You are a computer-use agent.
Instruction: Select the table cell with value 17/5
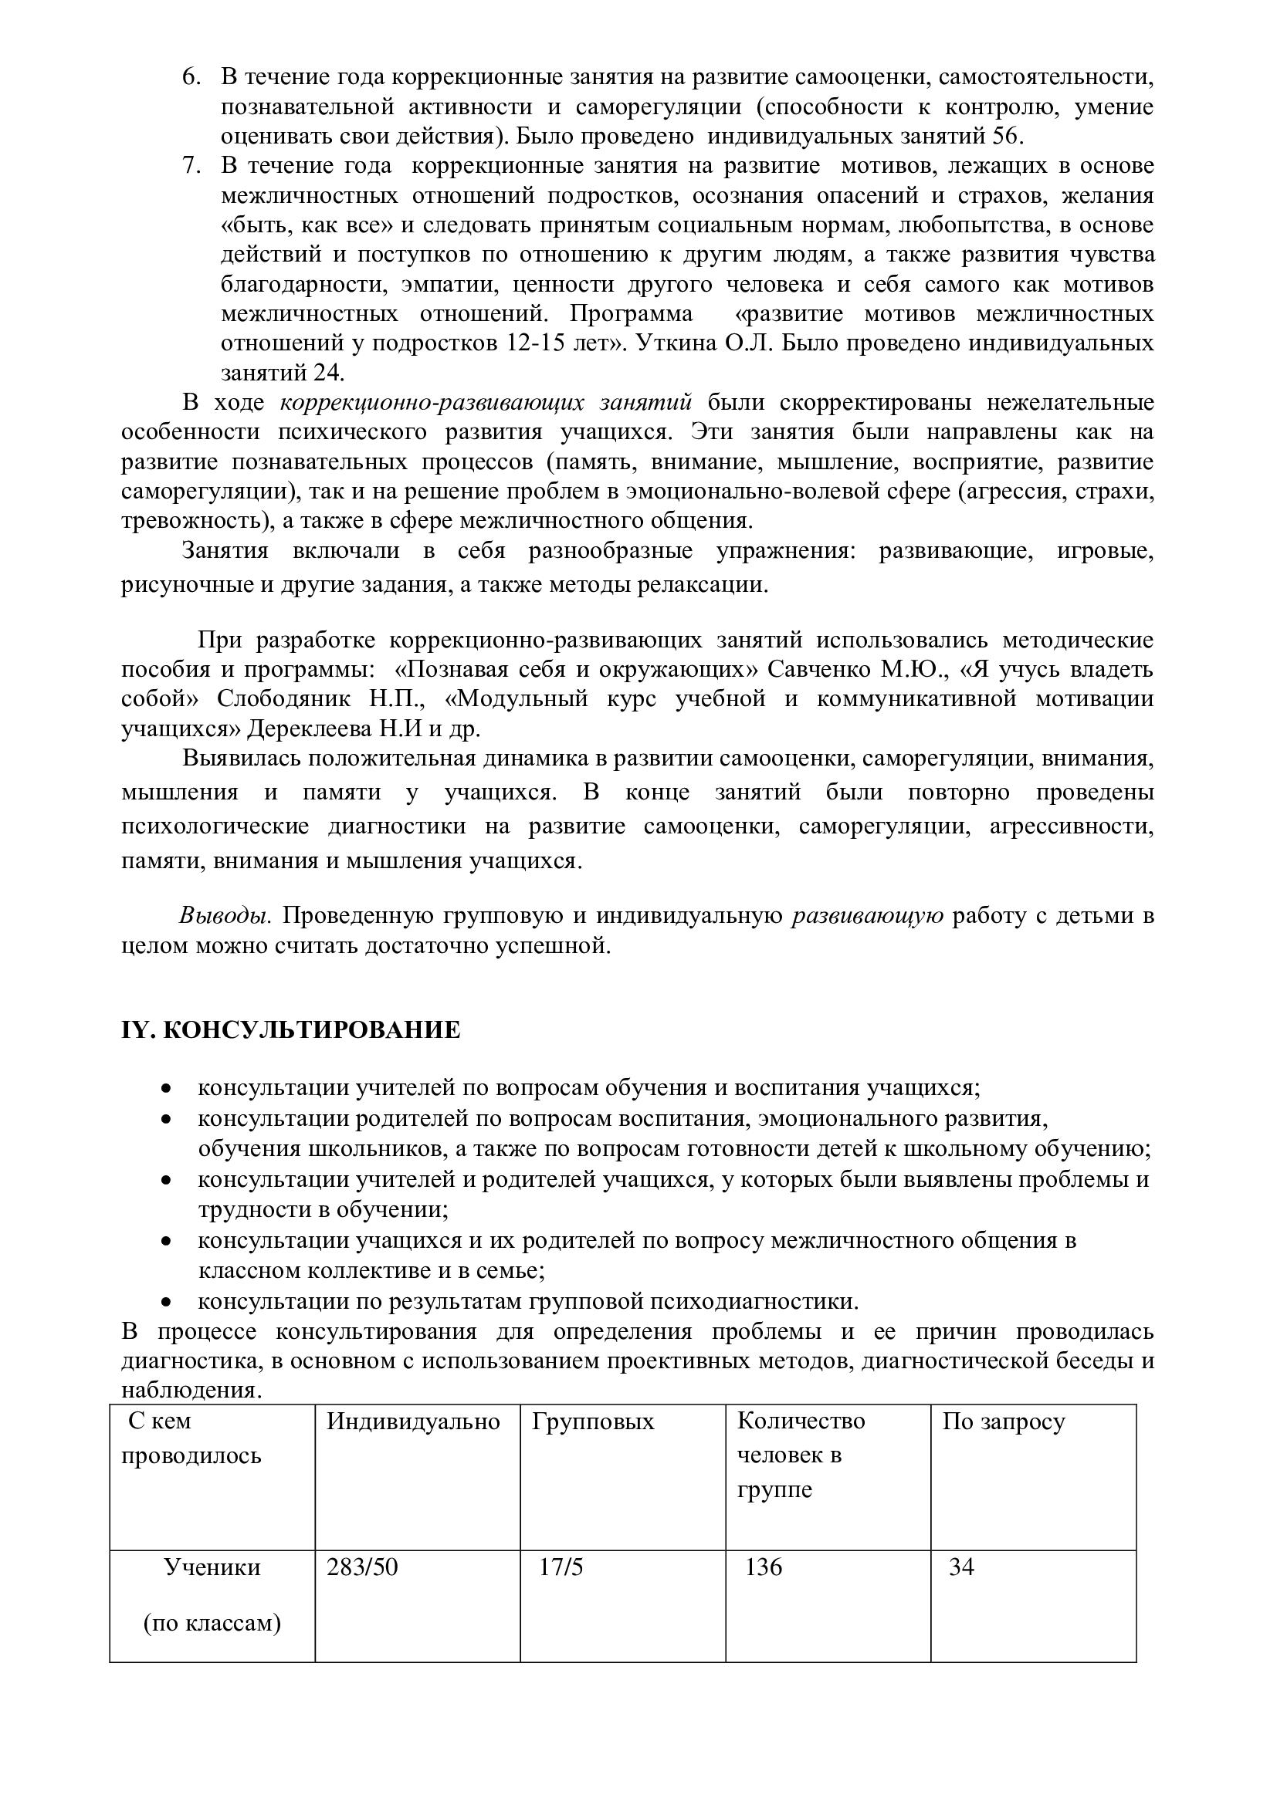(x=561, y=1567)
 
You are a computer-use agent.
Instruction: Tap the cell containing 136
(x=764, y=1567)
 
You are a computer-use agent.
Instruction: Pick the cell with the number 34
(x=962, y=1567)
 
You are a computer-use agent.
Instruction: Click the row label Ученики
(x=212, y=1567)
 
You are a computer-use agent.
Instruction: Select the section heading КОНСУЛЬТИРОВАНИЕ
(x=311, y=1030)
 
